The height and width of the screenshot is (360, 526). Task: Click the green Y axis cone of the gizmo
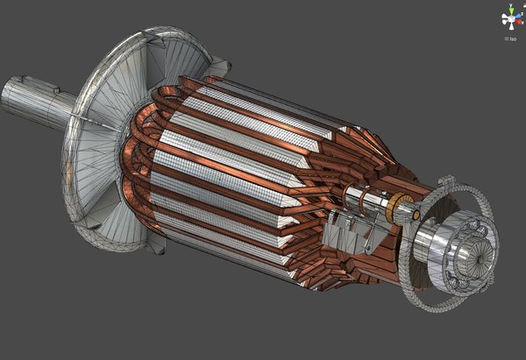coord(509,8)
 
